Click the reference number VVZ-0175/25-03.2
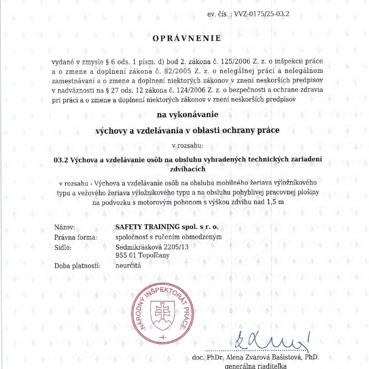coord(262,14)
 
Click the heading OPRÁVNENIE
coord(187,39)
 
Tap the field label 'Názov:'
coord(65,227)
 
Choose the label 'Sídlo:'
coord(63,247)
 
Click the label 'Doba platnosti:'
coord(77,266)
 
